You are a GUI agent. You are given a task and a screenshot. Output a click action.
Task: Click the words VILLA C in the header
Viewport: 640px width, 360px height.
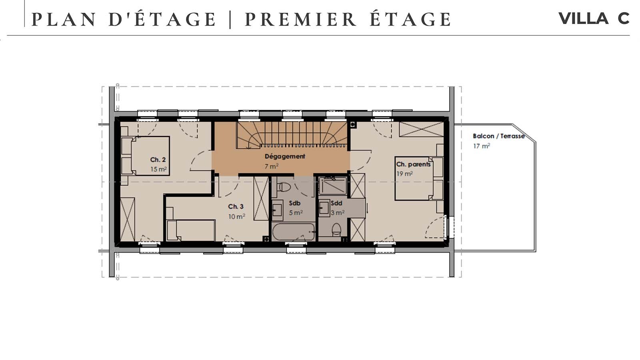pos(594,18)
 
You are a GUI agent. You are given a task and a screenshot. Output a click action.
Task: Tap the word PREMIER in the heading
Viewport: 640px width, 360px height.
pos(300,20)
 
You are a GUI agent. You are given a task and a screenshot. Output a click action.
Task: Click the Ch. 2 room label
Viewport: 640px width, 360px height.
pos(158,160)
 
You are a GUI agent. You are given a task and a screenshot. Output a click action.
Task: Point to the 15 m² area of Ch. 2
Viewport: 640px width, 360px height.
pos(158,169)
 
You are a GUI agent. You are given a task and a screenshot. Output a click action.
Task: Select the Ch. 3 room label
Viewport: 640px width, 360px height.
pos(236,206)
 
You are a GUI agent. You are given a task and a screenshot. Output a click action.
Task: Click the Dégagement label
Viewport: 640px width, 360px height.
pos(285,156)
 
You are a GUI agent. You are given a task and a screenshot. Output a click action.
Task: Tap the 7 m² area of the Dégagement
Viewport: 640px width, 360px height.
pos(271,166)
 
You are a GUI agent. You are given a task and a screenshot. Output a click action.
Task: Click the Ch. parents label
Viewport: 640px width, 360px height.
pos(413,164)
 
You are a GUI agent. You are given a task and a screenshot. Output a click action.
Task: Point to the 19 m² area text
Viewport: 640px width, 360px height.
pos(404,174)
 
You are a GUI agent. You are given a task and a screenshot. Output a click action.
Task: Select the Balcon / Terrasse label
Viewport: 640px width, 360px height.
pos(498,136)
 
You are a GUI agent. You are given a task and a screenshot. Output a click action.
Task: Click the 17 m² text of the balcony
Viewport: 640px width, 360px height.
pos(482,146)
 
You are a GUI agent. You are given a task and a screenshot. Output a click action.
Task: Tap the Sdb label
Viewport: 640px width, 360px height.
pos(294,203)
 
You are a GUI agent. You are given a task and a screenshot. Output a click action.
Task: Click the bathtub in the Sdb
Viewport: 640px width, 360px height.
pos(294,232)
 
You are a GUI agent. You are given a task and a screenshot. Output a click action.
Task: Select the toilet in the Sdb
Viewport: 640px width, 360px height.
pos(284,187)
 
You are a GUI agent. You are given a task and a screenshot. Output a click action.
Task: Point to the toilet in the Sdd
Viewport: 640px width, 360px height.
pos(336,230)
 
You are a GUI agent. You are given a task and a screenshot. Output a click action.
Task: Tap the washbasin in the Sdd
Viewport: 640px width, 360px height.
pos(324,208)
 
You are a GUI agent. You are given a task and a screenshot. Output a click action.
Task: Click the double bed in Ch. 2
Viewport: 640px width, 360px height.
pos(150,156)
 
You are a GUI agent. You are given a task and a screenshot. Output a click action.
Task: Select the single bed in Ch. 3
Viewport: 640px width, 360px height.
pos(192,230)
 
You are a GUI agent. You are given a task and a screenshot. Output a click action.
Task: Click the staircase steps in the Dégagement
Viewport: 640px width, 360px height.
pos(292,134)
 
